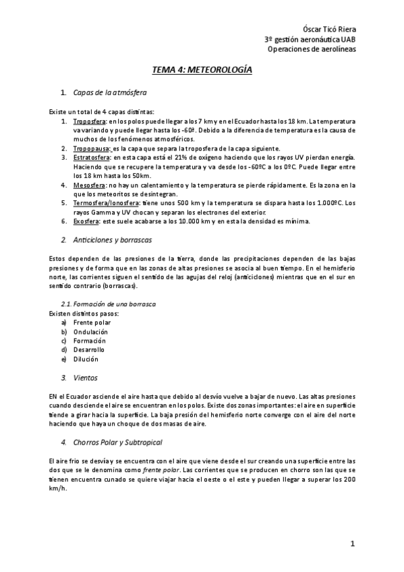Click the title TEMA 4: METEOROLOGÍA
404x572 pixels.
pos(202,69)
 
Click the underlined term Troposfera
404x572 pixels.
pos(88,121)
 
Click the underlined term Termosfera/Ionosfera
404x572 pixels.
pos(106,202)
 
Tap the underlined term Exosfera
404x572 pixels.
pos(86,221)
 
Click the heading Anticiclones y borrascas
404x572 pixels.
pos(112,239)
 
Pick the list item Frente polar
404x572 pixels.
pos(92,322)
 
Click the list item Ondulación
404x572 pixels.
pos(90,331)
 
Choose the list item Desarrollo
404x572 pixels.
pos(89,349)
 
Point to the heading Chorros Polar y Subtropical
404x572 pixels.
pos(117,442)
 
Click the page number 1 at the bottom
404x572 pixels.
pos(351,544)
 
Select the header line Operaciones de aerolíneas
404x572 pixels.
pos(312,49)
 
